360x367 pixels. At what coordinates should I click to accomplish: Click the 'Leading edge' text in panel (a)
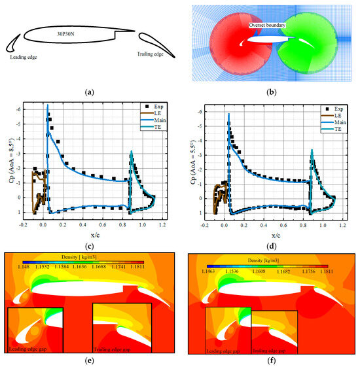tap(27, 57)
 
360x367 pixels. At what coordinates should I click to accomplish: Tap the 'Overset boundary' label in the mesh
tap(268, 25)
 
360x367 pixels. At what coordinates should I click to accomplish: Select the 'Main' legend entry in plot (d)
tap(337, 122)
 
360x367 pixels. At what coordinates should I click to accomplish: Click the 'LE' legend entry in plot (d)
tap(336, 113)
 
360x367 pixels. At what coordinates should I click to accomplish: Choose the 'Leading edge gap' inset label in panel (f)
tap(225, 351)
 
